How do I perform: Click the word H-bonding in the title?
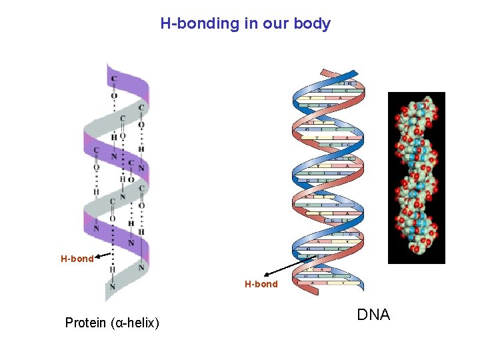[199, 24]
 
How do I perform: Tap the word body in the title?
[313, 24]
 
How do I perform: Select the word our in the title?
[275, 24]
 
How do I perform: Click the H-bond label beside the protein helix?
[77, 259]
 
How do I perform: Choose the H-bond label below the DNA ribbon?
[261, 284]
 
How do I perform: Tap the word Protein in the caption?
[85, 323]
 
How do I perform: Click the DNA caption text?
[373, 315]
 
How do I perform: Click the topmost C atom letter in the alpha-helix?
[114, 79]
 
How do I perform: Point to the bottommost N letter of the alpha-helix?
[113, 287]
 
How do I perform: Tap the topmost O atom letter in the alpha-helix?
[114, 96]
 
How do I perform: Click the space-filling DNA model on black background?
[416, 177]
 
